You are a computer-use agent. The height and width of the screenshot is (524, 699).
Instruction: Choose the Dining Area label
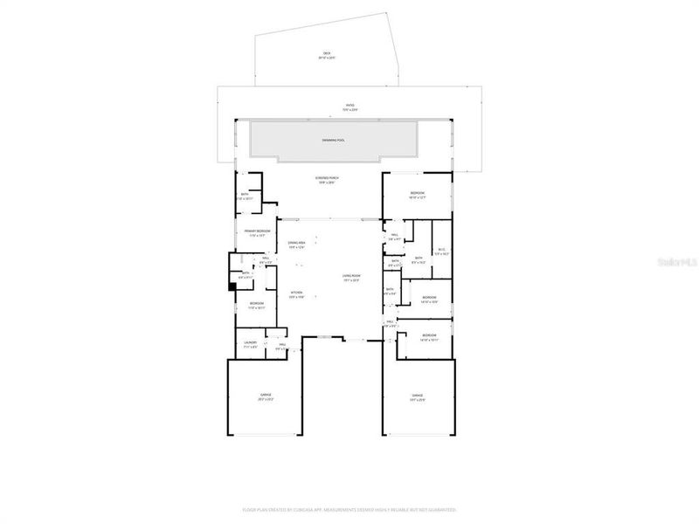(x=296, y=245)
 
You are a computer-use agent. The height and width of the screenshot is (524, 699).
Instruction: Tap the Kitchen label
(x=296, y=294)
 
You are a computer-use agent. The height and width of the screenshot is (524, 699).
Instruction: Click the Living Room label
(x=351, y=279)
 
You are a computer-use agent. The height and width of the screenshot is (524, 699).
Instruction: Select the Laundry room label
(x=250, y=344)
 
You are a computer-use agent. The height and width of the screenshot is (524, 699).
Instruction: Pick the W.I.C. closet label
(x=442, y=252)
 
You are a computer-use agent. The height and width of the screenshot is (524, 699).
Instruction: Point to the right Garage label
(x=418, y=397)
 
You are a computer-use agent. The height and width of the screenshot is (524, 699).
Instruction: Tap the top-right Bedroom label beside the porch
(x=418, y=195)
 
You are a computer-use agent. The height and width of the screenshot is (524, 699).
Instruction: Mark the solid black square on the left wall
(x=232, y=286)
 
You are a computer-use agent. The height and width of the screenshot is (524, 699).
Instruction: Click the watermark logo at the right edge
(x=678, y=259)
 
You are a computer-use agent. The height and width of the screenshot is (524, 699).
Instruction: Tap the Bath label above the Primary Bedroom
(x=245, y=196)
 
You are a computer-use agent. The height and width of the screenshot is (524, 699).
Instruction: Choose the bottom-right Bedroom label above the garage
(x=428, y=337)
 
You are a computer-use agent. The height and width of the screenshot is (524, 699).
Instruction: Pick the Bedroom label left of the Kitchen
(x=257, y=305)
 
